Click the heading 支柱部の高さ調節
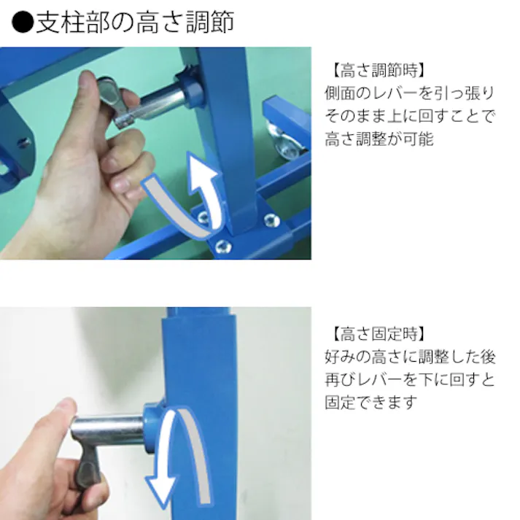(134, 23)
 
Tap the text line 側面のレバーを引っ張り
(409, 94)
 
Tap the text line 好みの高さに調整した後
(410, 357)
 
